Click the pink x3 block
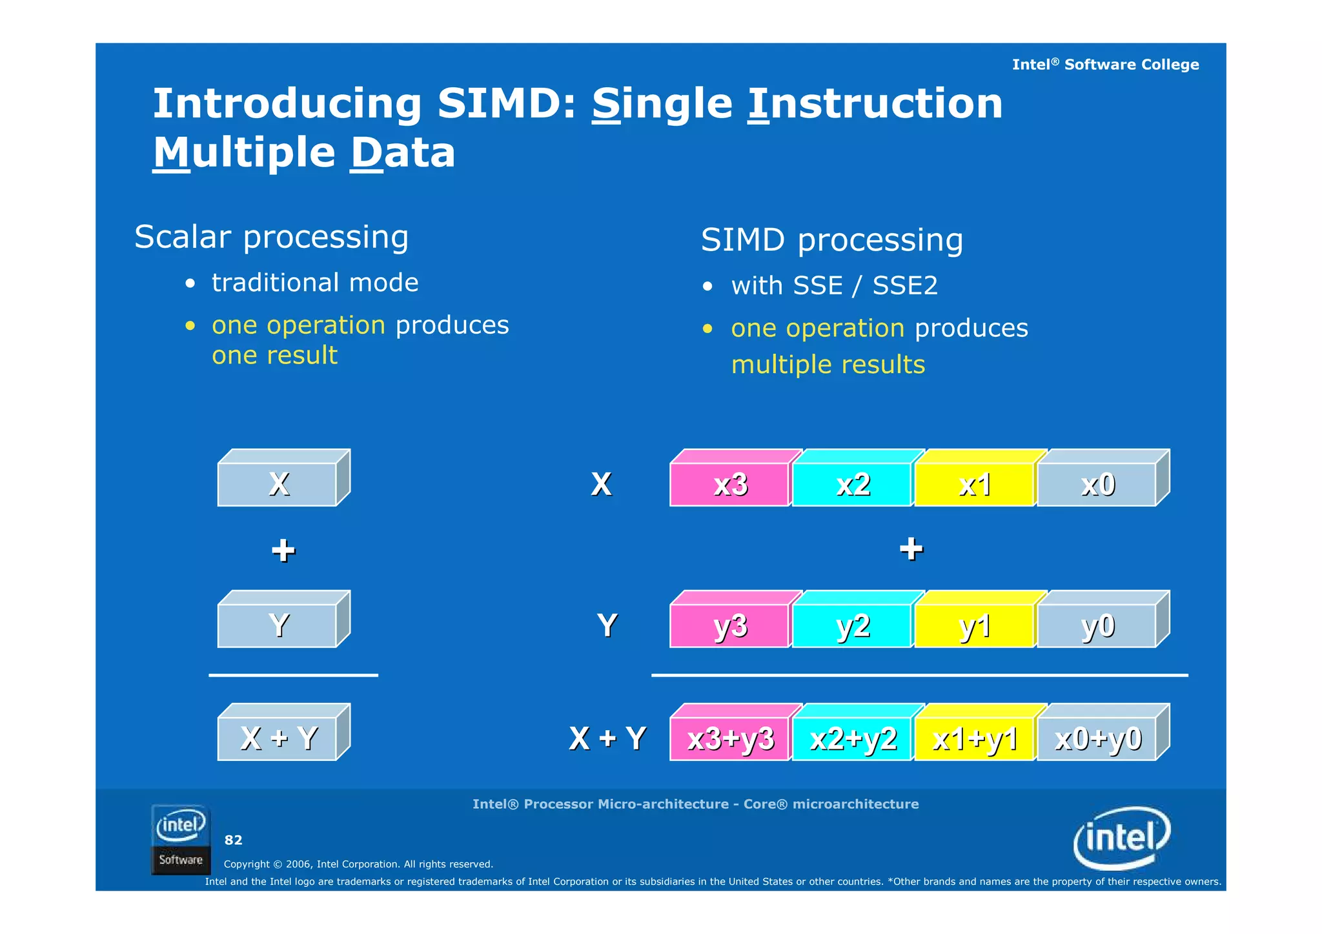(730, 484)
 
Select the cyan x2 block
(852, 484)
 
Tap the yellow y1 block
(974, 625)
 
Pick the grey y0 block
(1097, 625)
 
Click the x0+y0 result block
(1097, 738)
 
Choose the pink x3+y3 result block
(730, 738)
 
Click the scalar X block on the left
(278, 484)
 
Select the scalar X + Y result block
(278, 738)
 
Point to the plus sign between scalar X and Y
(283, 551)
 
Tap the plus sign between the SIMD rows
(911, 549)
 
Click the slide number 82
(233, 840)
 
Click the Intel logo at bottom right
(1122, 838)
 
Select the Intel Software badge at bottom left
(181, 840)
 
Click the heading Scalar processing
(271, 237)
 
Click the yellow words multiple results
(828, 365)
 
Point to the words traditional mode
(315, 283)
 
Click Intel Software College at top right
(1105, 65)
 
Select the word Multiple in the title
(244, 153)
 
